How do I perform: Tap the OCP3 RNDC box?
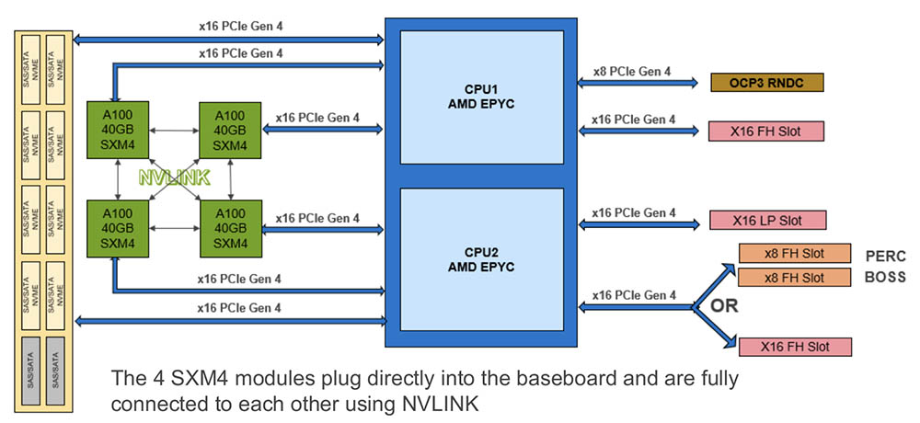[766, 84]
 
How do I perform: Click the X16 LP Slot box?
[766, 221]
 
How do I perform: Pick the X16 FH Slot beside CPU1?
[766, 131]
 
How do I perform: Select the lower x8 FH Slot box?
[795, 277]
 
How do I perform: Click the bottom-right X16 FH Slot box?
[794, 347]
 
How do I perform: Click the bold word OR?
[724, 306]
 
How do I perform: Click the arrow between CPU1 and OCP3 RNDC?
[637, 84]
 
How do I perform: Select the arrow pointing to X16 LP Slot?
[637, 222]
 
